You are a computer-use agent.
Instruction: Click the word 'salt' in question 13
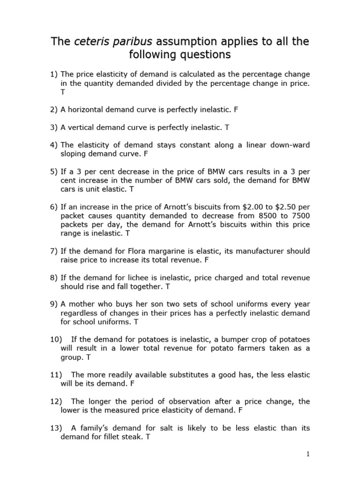coord(164,428)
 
